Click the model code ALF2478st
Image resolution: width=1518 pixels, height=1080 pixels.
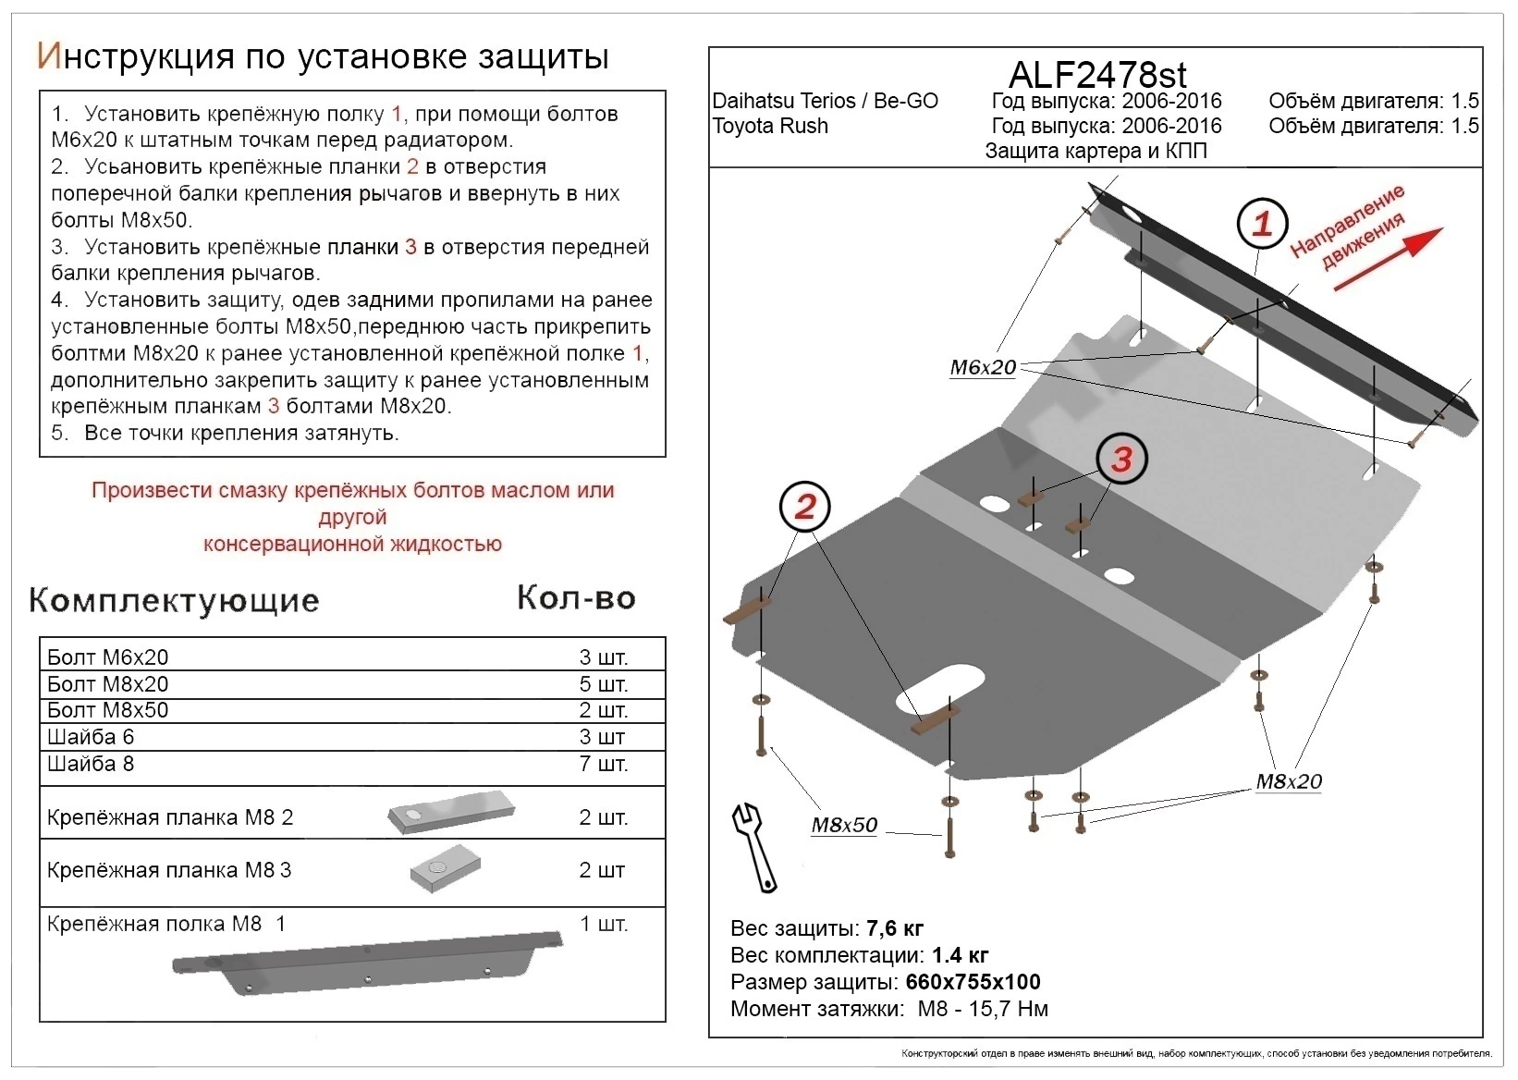coord(1096,74)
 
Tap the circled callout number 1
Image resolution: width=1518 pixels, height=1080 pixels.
coord(1262,223)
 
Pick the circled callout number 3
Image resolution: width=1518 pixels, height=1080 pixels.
coord(1121,458)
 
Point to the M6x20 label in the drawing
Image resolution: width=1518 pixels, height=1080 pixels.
coord(983,367)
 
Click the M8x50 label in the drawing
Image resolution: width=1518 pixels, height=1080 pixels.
coord(843,825)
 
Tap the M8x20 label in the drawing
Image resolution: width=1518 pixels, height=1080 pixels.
coord(1288,781)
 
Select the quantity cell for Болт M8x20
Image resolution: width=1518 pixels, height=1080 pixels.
coord(603,684)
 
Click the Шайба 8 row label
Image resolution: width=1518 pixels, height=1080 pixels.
coord(91,764)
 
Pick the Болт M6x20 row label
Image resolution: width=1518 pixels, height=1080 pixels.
coord(108,657)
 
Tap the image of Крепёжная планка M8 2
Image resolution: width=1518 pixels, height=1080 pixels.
coord(450,809)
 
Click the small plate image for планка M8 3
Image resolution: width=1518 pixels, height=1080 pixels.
coord(445,868)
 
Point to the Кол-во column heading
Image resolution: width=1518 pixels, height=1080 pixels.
coord(576,598)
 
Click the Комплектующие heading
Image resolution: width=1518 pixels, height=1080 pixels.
coord(174,600)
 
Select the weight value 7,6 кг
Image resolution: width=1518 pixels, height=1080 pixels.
coord(894,927)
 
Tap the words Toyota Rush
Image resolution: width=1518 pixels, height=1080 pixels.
coord(770,126)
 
